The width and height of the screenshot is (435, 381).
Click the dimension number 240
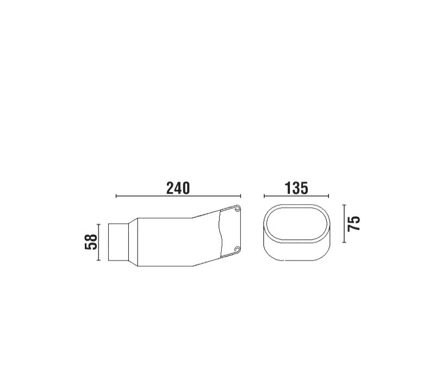[x=178, y=188]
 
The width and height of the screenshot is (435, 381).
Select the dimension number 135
[x=296, y=188]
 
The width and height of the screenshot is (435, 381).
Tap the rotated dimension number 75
[x=354, y=223]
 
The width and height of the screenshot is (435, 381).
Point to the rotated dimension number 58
[x=91, y=242]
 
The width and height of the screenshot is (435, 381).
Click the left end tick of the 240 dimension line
[x=116, y=196]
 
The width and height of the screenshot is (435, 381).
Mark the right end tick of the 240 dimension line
[x=240, y=196]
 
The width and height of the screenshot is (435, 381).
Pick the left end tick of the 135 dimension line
[x=264, y=196]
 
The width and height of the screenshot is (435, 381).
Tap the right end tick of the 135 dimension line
[x=328, y=196]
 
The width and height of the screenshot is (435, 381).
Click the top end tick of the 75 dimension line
[x=344, y=205]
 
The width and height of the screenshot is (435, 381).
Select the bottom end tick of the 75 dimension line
[x=344, y=242]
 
